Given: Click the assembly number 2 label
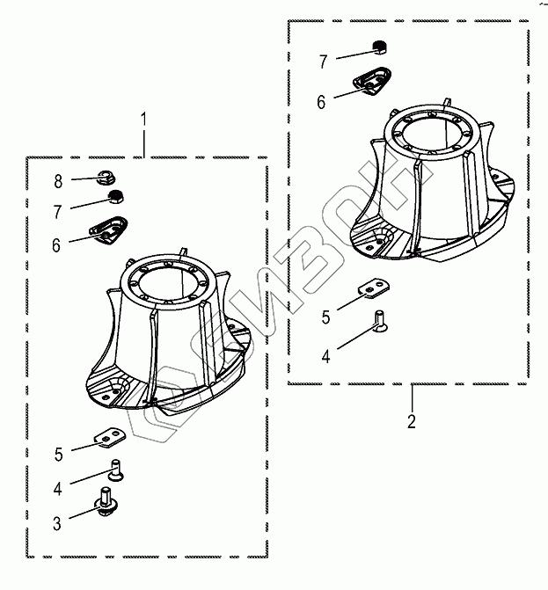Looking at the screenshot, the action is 412,420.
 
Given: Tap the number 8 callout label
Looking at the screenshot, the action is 58,182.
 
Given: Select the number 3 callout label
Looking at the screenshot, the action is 56,524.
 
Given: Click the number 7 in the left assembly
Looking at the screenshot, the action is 58,212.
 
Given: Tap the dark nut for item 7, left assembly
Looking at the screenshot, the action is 113,196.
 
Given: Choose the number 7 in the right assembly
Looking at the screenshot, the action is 323,62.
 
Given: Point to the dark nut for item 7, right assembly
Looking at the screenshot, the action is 378,47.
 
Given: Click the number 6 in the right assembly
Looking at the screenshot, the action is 322,102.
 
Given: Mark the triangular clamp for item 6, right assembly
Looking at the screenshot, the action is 373,83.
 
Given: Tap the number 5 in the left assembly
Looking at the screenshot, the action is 58,454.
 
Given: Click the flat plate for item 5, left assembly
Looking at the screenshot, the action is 110,436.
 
